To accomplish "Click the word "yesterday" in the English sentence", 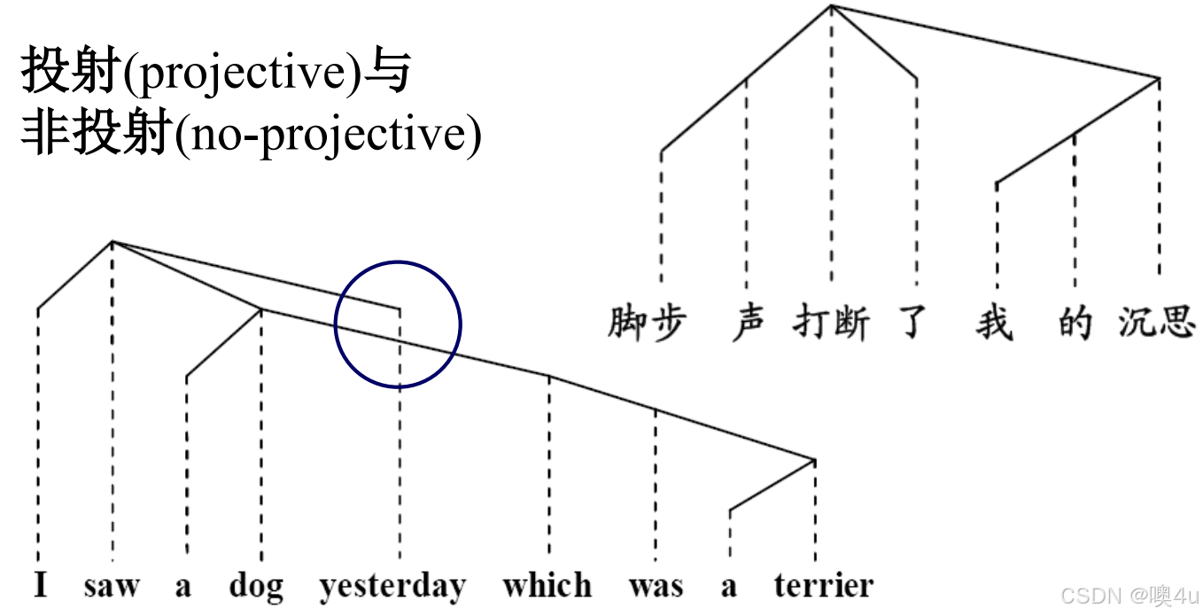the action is point(392,587).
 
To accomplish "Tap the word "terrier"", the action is point(823,586).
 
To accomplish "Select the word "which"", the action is point(547,586).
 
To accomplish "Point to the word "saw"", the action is point(112,586).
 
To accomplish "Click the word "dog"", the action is point(256,587).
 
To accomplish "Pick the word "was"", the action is point(656,586).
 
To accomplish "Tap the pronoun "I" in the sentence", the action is point(40,586).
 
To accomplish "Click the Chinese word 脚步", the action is point(647,323).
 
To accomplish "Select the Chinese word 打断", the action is point(831,323).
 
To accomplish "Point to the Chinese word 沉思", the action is point(1157,323).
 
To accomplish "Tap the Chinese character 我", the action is point(995,323).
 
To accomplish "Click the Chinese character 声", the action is point(749,323).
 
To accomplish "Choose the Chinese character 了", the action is point(912,323).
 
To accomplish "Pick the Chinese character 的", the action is point(1075,323).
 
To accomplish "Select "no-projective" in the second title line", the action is point(329,136).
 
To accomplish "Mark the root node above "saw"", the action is point(112,241).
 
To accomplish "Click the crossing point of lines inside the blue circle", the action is point(400,341).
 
